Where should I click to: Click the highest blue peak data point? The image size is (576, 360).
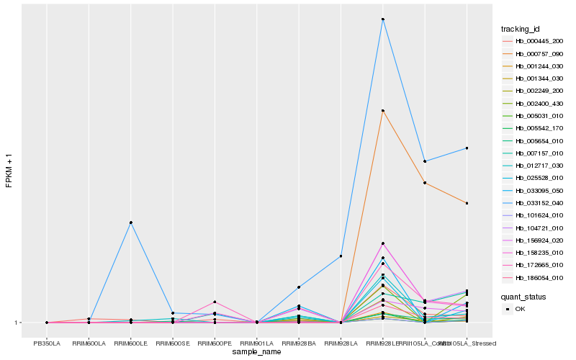click(x=383, y=19)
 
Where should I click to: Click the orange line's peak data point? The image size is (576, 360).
click(x=383, y=110)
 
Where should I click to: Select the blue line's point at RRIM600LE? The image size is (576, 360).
click(x=131, y=222)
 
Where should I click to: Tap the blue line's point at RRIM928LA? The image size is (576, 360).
click(x=341, y=256)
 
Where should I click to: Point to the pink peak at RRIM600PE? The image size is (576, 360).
click(x=215, y=302)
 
